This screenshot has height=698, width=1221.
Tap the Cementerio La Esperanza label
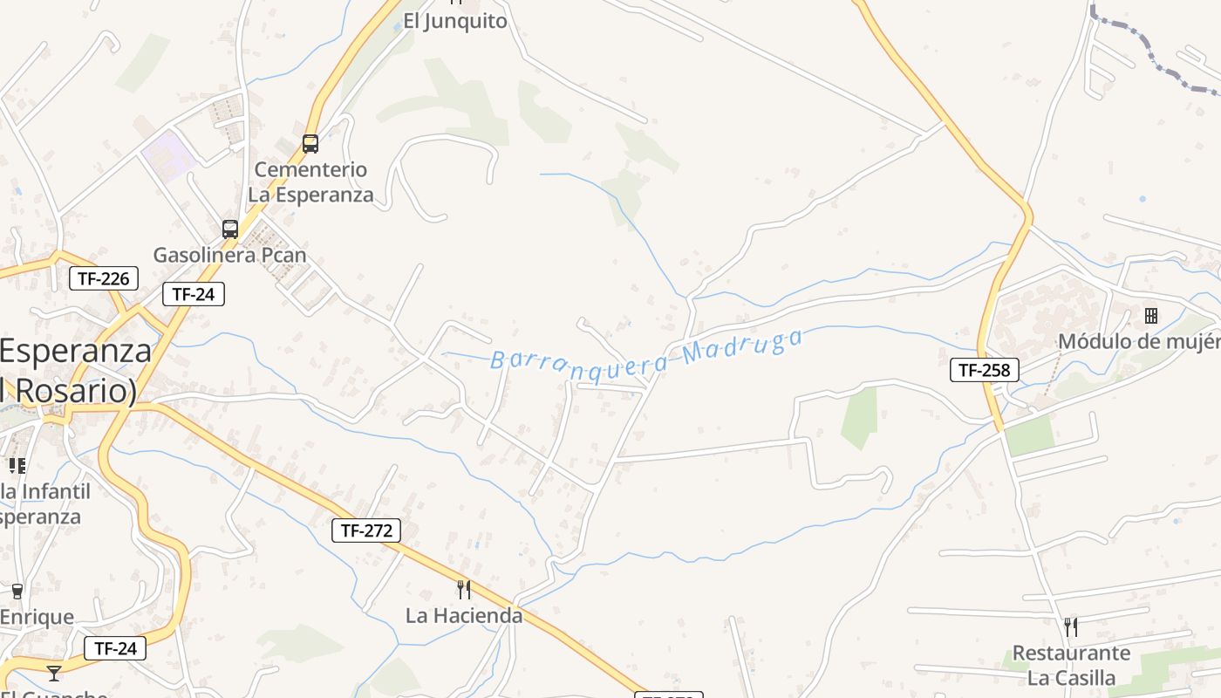click(x=310, y=181)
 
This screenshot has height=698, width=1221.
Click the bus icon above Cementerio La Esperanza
click(x=310, y=144)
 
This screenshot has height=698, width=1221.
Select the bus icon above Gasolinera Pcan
click(x=230, y=229)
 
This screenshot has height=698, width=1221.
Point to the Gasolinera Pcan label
click(x=230, y=255)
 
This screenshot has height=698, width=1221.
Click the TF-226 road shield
click(x=104, y=279)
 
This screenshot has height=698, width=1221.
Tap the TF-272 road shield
click(x=366, y=530)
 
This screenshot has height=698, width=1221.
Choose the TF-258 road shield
click(x=984, y=370)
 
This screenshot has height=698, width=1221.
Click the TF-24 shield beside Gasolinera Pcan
click(x=194, y=294)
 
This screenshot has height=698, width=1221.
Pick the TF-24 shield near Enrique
click(x=115, y=648)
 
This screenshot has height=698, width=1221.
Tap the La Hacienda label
click(x=464, y=616)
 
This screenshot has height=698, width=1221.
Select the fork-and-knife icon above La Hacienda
click(x=464, y=590)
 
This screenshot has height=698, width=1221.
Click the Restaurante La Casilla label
click(x=1071, y=666)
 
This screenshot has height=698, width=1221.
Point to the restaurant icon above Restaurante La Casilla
click(x=1071, y=626)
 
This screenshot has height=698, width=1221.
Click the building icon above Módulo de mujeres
click(x=1151, y=315)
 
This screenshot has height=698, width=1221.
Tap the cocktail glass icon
click(x=54, y=673)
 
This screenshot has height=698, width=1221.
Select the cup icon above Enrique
click(x=17, y=592)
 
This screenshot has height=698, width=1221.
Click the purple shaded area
click(x=167, y=154)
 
